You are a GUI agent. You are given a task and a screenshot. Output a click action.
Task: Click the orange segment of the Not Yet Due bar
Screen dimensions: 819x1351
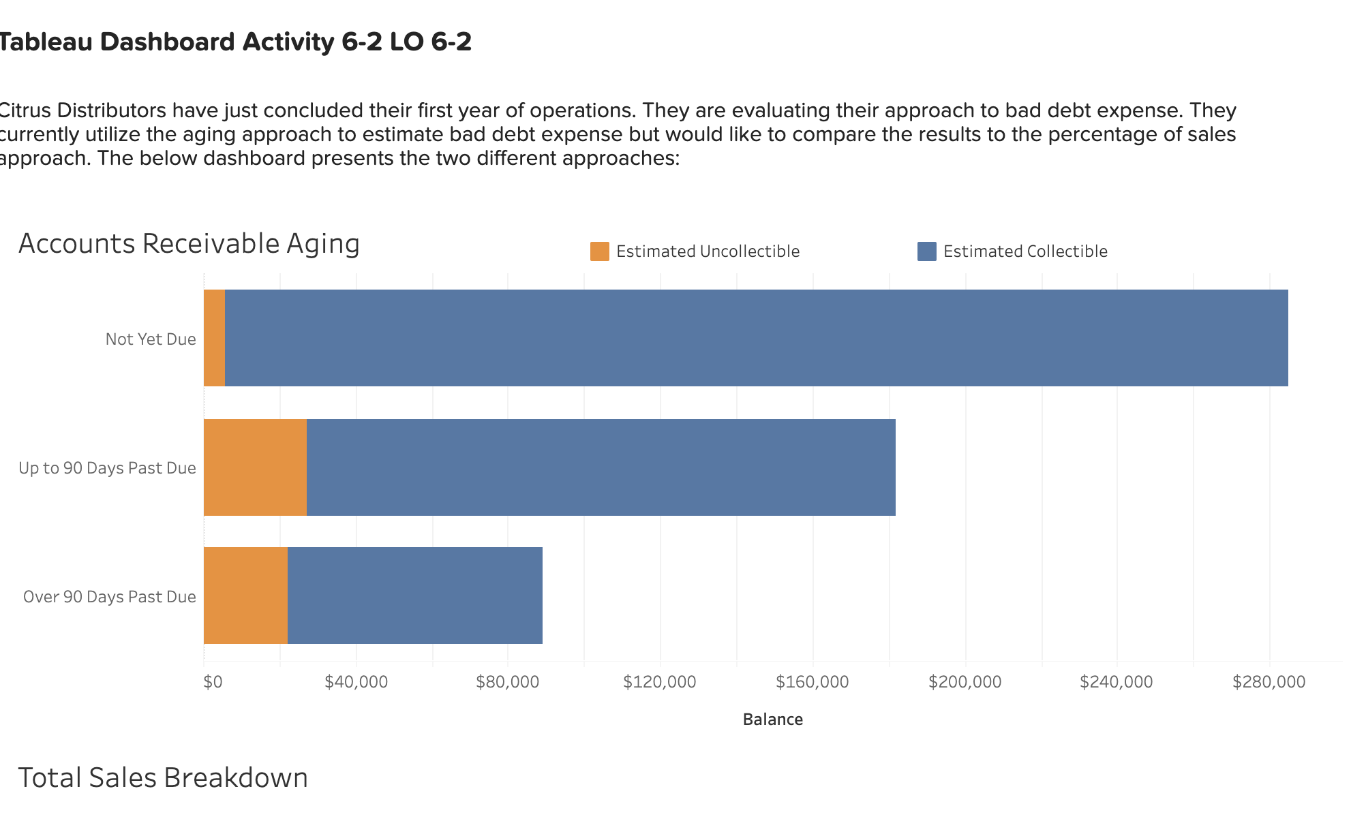[214, 338]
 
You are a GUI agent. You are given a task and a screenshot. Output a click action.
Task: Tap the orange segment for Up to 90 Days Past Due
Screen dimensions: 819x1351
[255, 467]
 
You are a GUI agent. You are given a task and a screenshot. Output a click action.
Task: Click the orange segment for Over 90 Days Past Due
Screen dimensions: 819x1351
[245, 596]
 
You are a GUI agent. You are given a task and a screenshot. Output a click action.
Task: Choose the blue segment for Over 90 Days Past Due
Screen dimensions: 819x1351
[414, 596]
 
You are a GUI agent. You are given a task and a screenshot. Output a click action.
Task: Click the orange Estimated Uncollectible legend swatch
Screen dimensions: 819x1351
[599, 251]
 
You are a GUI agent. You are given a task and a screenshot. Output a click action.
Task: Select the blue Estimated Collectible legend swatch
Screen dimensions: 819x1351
[926, 251]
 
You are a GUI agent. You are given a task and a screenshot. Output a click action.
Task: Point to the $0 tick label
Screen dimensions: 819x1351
[213, 682]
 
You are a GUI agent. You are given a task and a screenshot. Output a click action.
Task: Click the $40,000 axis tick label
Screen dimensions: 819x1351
[356, 682]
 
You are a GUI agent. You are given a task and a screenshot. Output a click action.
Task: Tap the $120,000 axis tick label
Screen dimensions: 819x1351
[659, 682]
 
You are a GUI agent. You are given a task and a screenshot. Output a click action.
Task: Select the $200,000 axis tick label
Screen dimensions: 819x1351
[965, 682]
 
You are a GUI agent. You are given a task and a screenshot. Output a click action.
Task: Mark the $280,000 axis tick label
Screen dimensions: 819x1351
[1269, 682]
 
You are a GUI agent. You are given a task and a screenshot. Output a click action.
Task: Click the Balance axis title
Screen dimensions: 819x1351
[772, 720]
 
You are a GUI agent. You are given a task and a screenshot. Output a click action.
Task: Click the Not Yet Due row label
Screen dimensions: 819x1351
[151, 339]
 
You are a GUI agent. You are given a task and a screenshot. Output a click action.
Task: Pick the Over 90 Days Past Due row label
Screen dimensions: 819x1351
[109, 597]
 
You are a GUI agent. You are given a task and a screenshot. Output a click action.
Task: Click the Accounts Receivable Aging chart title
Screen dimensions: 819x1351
[189, 244]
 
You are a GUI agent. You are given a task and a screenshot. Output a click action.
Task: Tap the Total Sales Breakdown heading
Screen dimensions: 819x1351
[163, 778]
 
